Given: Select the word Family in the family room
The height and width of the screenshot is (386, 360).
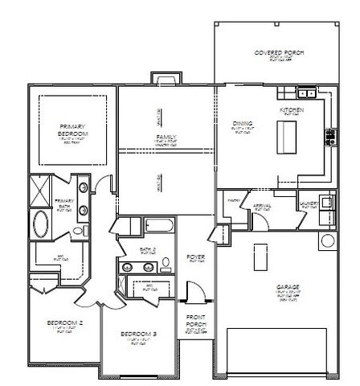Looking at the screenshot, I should point(166,138).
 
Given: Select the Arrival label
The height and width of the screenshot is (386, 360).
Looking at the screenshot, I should point(262,206).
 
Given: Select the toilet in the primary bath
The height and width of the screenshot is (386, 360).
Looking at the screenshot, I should point(78,231).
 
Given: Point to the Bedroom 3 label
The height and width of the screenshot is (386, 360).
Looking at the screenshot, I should point(139,334).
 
